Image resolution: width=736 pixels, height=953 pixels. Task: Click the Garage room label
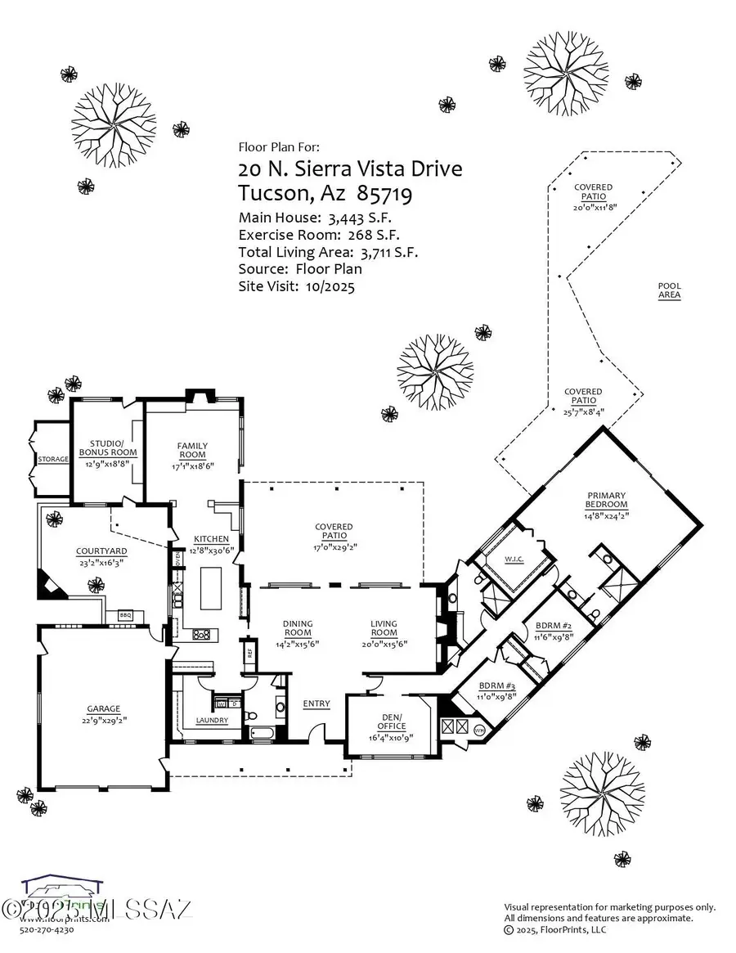click(104, 708)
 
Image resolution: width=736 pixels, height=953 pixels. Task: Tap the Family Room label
click(193, 450)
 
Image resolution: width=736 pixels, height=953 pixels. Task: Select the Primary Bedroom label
click(605, 500)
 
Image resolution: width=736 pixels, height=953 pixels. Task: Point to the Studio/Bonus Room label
click(108, 447)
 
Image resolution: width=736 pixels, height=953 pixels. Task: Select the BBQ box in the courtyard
click(125, 615)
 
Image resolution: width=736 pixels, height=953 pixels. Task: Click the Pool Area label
click(669, 290)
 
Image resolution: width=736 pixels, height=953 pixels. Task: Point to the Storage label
click(52, 459)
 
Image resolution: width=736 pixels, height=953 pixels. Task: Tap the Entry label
click(316, 704)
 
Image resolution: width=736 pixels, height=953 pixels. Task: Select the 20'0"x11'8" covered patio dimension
click(593, 207)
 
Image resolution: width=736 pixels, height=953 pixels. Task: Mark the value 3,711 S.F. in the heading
click(388, 253)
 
